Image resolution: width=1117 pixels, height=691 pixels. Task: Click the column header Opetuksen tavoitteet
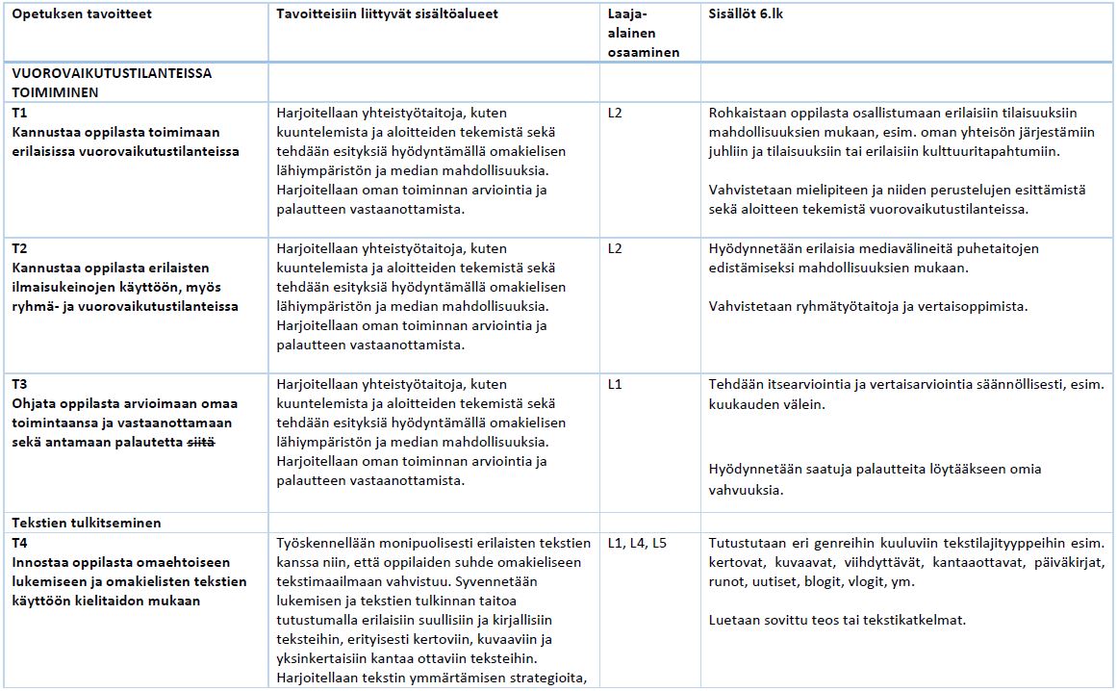coord(82,14)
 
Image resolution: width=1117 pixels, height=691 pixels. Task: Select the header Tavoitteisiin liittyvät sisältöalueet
coord(387,14)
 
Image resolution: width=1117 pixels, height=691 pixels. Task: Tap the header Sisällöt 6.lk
coord(746,14)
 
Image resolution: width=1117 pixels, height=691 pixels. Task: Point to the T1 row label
coord(20,113)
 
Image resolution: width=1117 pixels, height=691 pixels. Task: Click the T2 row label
coord(20,248)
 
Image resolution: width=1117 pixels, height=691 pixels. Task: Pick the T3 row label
coord(20,384)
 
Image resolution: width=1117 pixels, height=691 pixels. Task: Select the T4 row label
coord(20,543)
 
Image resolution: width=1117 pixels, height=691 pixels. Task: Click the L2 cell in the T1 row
coord(616,113)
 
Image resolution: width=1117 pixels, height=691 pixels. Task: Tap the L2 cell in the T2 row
coord(616,248)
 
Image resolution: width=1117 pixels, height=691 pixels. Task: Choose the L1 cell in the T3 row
coord(616,384)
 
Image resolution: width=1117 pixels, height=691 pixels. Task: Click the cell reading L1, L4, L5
coord(637,543)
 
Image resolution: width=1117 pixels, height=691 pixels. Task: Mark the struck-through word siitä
coord(200,442)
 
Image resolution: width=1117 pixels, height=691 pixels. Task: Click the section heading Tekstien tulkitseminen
coord(87,523)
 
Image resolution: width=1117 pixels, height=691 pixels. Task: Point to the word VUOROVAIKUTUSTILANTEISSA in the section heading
coord(112,73)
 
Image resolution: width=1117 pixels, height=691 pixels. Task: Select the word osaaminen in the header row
coord(644,53)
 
